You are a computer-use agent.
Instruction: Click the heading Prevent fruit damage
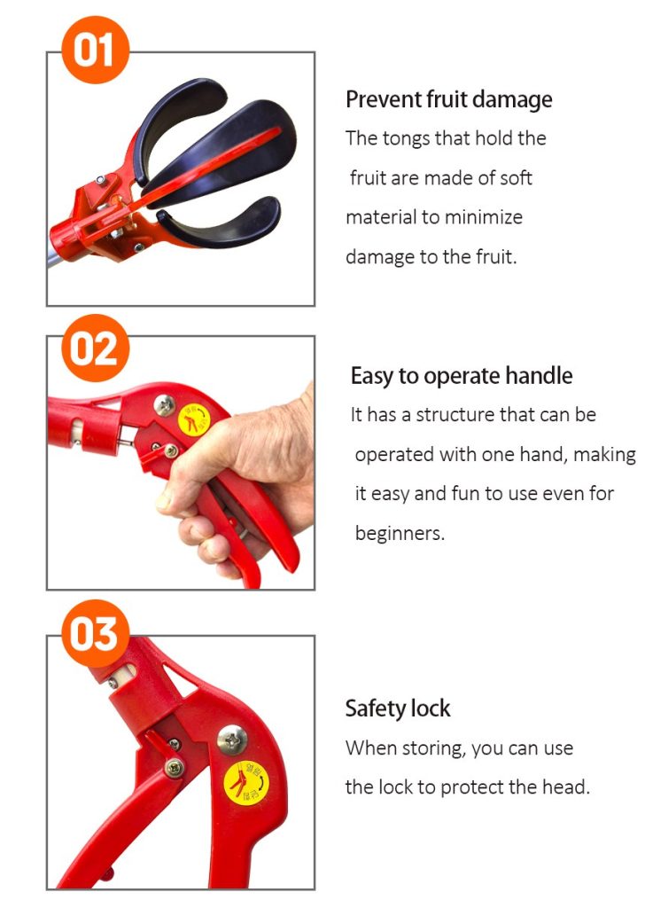coord(448,99)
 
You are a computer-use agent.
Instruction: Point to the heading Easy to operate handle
coord(461,376)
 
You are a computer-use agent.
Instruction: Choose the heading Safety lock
coord(397,708)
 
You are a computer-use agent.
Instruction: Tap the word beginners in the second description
coord(399,534)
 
